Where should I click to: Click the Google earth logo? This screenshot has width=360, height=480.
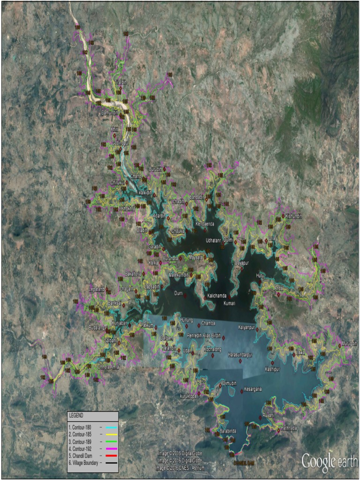[x=329, y=461]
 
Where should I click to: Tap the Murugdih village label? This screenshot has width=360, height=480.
[x=350, y=344]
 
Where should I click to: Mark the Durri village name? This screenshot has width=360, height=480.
[x=178, y=293]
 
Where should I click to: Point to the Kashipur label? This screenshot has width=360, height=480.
[x=271, y=369]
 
